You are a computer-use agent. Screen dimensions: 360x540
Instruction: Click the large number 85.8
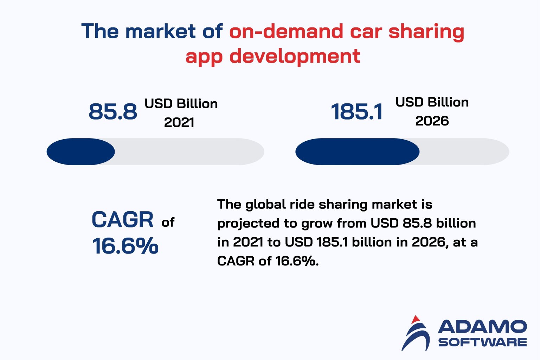[x=113, y=111]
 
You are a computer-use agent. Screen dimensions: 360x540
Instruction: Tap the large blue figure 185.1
[x=356, y=112]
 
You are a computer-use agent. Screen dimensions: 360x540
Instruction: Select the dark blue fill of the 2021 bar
[x=81, y=152]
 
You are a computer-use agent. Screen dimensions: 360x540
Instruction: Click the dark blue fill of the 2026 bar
[x=357, y=152]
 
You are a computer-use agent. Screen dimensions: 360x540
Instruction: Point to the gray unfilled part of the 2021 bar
[x=190, y=152]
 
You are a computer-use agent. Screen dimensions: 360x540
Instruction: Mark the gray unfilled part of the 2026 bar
[x=464, y=152]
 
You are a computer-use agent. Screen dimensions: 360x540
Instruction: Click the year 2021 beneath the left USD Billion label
[x=179, y=122]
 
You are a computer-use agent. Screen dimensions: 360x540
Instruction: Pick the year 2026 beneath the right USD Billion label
[x=432, y=121]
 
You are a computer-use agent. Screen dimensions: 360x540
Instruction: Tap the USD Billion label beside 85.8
[x=181, y=104]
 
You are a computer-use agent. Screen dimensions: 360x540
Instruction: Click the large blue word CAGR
[x=122, y=220]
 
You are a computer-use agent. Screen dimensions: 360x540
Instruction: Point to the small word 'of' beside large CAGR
[x=168, y=222]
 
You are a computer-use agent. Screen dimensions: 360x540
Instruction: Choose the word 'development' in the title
[x=295, y=56]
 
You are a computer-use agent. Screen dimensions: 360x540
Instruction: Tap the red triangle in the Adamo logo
[x=416, y=319]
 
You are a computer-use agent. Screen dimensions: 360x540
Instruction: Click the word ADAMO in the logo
[x=482, y=327]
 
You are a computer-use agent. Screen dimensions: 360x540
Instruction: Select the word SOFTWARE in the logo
[x=482, y=342]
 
